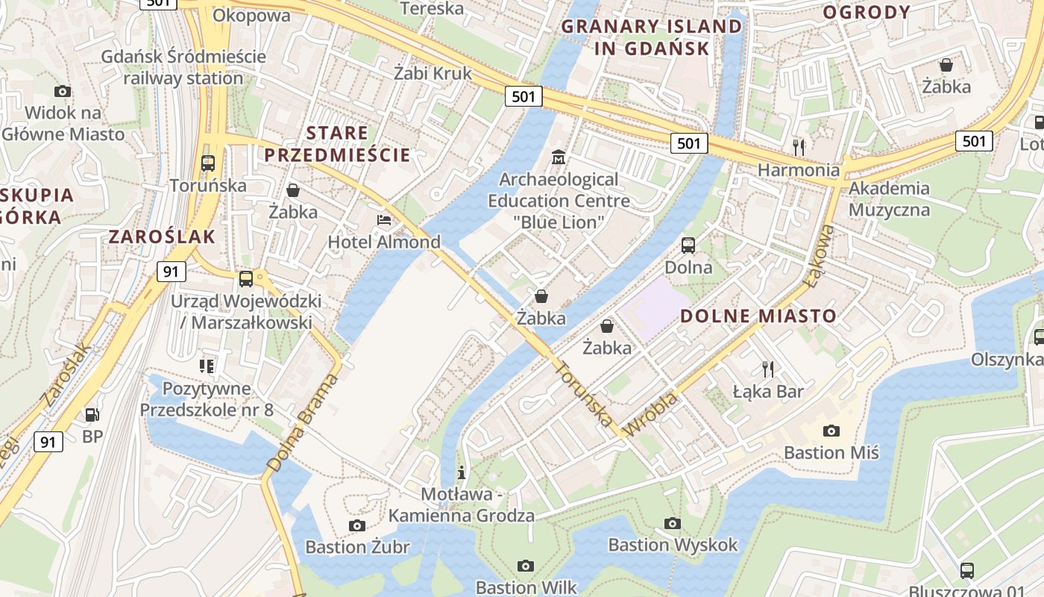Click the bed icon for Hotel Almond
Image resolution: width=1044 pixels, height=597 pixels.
[384, 220]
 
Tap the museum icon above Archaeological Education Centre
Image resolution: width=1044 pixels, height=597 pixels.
[558, 157]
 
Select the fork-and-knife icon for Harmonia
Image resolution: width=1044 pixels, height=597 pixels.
[799, 147]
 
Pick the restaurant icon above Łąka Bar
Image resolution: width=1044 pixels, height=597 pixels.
[768, 369]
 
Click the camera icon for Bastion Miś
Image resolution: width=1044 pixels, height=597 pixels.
[831, 431]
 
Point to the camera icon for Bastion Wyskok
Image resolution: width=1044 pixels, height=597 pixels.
[673, 523]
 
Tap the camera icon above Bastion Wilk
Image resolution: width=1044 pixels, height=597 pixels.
[526, 566]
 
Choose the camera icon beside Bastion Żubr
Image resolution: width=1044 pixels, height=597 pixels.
[357, 525]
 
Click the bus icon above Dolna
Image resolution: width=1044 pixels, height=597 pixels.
[688, 245]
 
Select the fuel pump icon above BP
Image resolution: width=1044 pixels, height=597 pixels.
[92, 414]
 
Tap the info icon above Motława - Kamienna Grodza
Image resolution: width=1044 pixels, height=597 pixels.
[462, 472]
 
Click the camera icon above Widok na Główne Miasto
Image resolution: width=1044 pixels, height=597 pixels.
[63, 91]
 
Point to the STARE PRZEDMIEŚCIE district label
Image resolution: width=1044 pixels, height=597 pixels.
[338, 145]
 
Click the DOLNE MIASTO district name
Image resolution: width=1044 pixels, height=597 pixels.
[758, 316]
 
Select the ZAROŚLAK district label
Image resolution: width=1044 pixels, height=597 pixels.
[162, 237]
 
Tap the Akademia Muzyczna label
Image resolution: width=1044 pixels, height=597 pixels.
[889, 199]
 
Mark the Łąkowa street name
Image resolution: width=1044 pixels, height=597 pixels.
[821, 255]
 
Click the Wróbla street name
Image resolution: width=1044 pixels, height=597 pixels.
[650, 413]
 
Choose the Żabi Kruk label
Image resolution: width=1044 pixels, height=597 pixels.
[433, 73]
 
